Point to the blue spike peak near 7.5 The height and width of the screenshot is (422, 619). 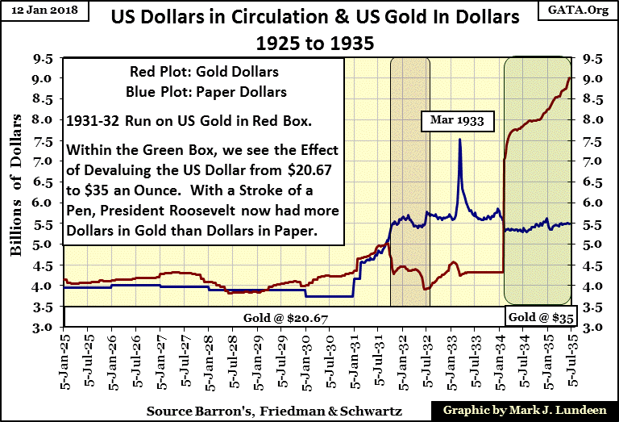pos(459,140)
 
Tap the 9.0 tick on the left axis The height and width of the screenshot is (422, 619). pos(42,78)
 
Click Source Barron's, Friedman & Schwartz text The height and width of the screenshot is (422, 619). pos(216,410)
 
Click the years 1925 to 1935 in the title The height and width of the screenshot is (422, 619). pos(309,40)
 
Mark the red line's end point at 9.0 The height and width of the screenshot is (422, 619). pos(570,78)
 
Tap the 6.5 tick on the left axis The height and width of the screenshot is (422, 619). pos(42,182)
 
